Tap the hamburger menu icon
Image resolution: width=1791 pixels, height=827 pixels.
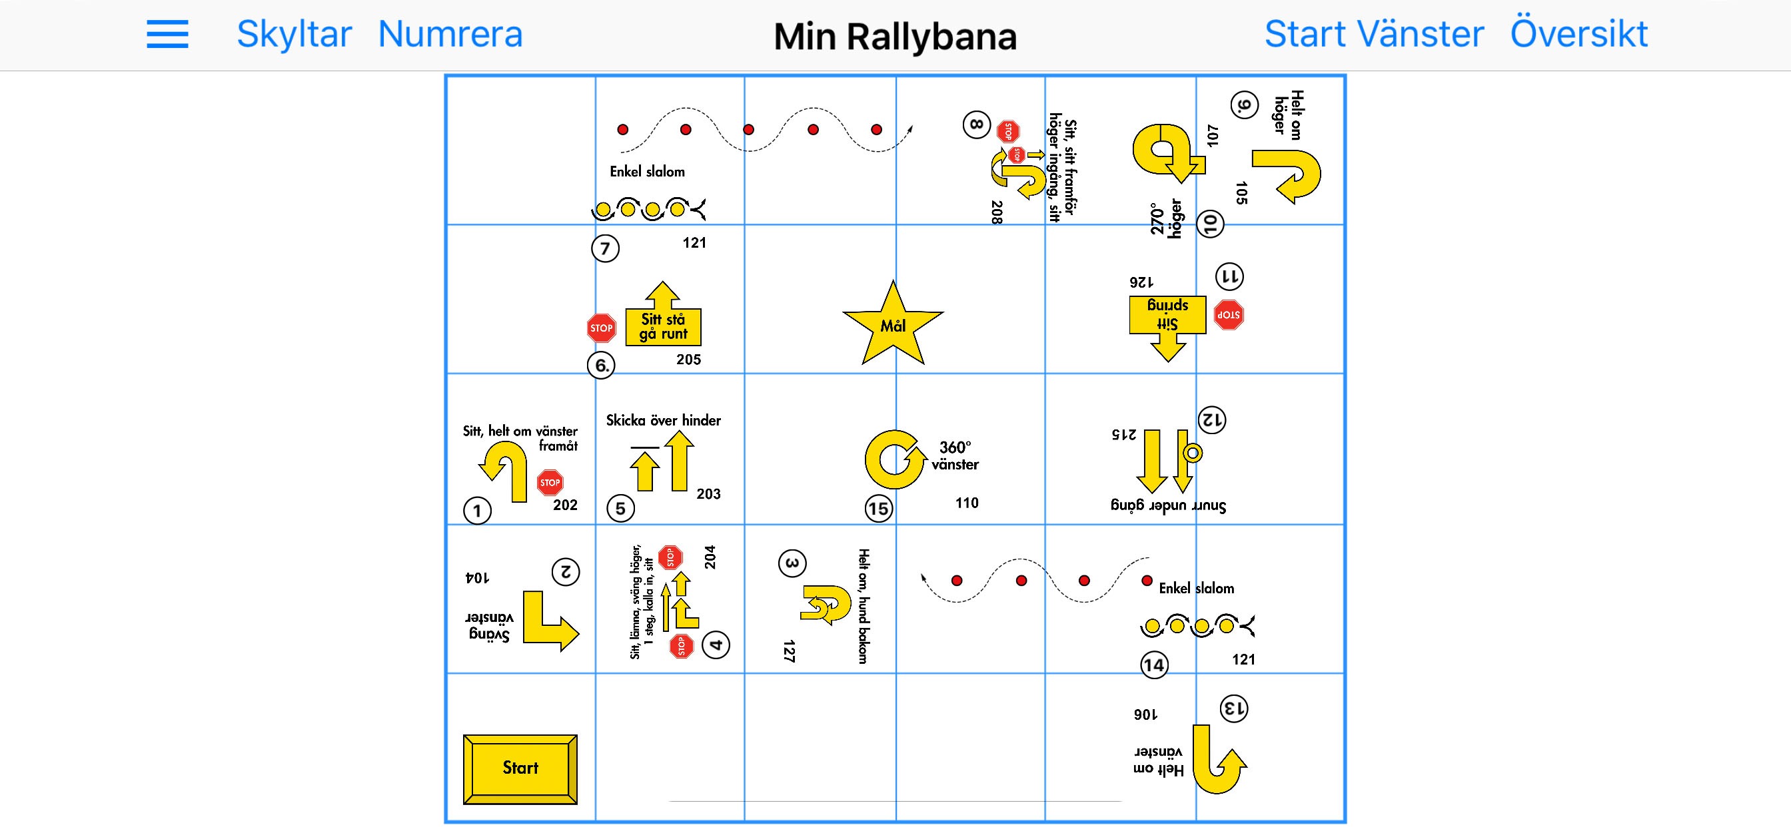(x=167, y=34)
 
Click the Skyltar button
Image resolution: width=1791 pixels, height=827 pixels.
(x=294, y=34)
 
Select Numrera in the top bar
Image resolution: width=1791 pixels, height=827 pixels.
(x=450, y=34)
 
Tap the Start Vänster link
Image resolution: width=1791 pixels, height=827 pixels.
(x=1374, y=34)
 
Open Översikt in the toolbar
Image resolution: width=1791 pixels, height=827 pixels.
(x=1578, y=34)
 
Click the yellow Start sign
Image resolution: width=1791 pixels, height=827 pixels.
(x=520, y=768)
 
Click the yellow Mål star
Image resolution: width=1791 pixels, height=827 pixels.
(x=893, y=325)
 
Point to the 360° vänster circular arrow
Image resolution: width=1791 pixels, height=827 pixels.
(x=894, y=459)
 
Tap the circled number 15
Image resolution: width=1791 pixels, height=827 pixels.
(x=878, y=509)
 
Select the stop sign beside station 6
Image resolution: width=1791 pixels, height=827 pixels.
(x=602, y=328)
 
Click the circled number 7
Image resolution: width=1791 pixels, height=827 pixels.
(x=605, y=248)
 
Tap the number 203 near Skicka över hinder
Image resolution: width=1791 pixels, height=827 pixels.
(x=708, y=493)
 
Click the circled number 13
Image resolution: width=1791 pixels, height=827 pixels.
(x=1234, y=709)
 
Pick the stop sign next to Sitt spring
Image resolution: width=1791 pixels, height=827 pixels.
(x=1229, y=316)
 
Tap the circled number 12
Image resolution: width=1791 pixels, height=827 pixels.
(x=1212, y=419)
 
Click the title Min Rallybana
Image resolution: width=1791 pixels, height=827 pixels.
(x=895, y=36)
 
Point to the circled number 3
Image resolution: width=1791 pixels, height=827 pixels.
(x=792, y=563)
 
